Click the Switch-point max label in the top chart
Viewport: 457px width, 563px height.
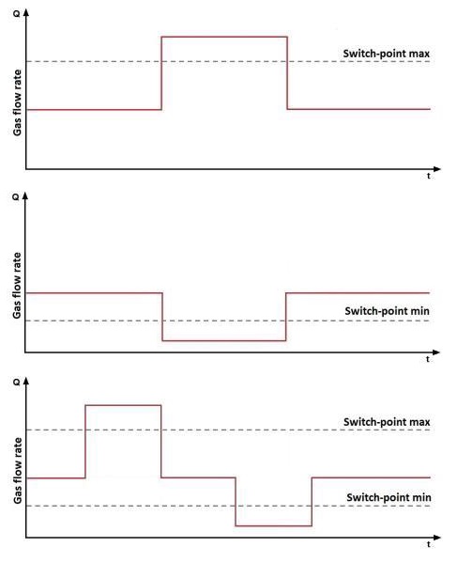click(x=387, y=54)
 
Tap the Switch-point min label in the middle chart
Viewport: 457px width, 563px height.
click(x=388, y=311)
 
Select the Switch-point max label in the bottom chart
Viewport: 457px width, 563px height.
click(x=387, y=422)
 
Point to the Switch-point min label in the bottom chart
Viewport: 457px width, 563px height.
click(x=388, y=497)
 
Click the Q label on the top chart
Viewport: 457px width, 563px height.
click(x=17, y=14)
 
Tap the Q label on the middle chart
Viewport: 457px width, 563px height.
click(x=16, y=197)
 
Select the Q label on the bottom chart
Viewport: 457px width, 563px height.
click(x=17, y=383)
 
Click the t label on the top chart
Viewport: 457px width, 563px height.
click(x=429, y=176)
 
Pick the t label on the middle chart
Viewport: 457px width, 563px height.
click(x=428, y=359)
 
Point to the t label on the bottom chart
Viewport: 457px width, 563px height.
click(x=429, y=545)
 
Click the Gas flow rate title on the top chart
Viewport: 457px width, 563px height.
click(x=17, y=102)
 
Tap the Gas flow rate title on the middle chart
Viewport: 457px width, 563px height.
click(x=17, y=286)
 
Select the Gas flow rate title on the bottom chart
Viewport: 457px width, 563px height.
click(x=17, y=471)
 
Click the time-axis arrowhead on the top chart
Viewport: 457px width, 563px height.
click(x=437, y=169)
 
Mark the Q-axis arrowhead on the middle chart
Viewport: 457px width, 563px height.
click(x=25, y=196)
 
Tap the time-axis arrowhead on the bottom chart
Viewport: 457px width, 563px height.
click(x=437, y=538)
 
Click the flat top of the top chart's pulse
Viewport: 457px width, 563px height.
click(x=224, y=37)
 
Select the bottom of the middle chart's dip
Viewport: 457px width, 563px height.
click(x=224, y=340)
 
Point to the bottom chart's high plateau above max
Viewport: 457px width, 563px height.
click(x=123, y=405)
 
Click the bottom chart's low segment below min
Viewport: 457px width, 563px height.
click(x=273, y=526)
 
